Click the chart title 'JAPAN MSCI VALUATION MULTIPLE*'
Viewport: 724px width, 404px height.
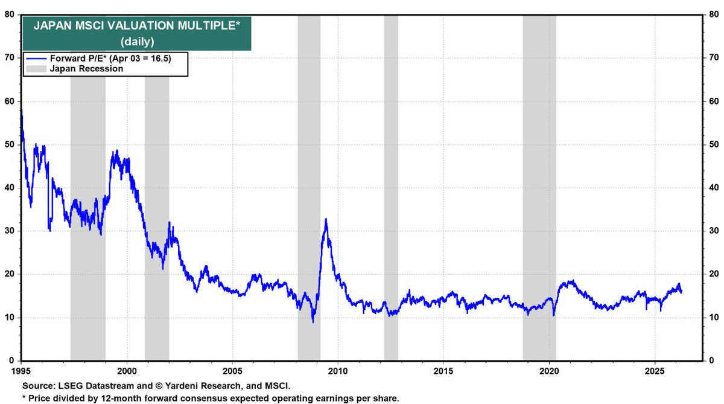click(x=136, y=26)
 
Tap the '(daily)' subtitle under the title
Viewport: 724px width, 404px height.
click(x=136, y=41)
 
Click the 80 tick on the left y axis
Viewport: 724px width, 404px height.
click(x=9, y=14)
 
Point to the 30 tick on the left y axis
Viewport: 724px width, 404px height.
click(x=9, y=231)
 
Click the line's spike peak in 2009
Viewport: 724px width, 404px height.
click(x=326, y=219)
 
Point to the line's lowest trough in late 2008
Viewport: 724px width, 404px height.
click(x=313, y=321)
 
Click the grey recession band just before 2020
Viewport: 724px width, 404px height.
click(x=539, y=181)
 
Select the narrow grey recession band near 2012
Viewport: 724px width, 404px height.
click(x=391, y=181)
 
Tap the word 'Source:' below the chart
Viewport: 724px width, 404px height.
click(x=37, y=385)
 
